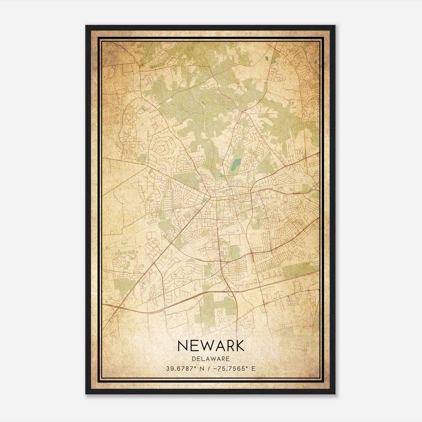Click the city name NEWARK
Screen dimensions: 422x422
(211, 346)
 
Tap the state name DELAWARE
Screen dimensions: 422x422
(211, 359)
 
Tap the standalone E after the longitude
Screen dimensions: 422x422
(253, 369)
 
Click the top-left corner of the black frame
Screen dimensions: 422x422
(86, 26)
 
